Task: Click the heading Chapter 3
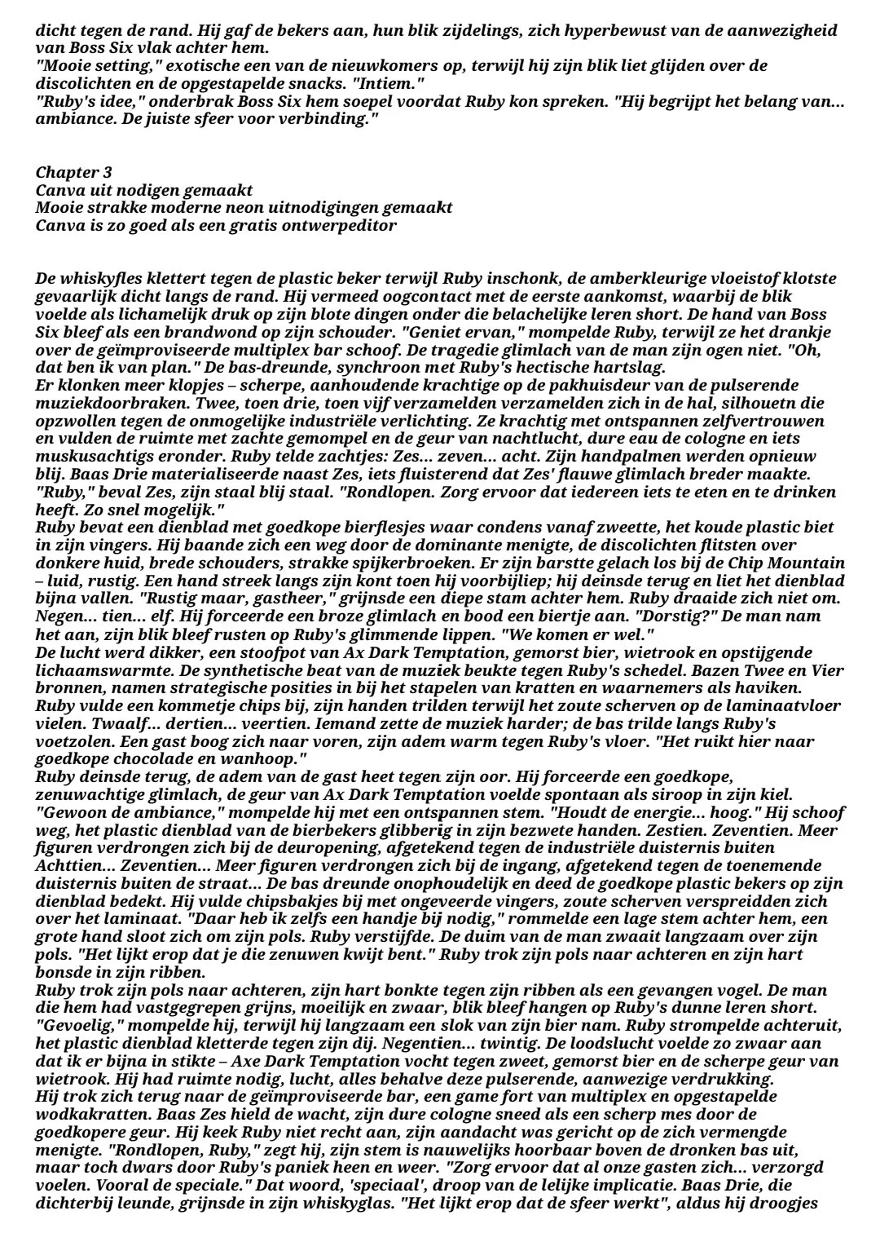coord(74,173)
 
